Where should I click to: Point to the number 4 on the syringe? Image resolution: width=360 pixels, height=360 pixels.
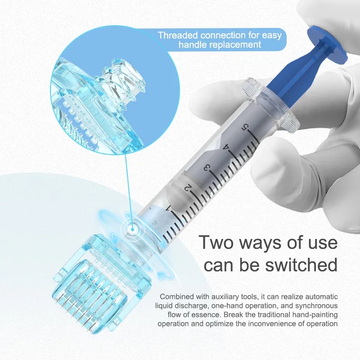coord(226,147)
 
